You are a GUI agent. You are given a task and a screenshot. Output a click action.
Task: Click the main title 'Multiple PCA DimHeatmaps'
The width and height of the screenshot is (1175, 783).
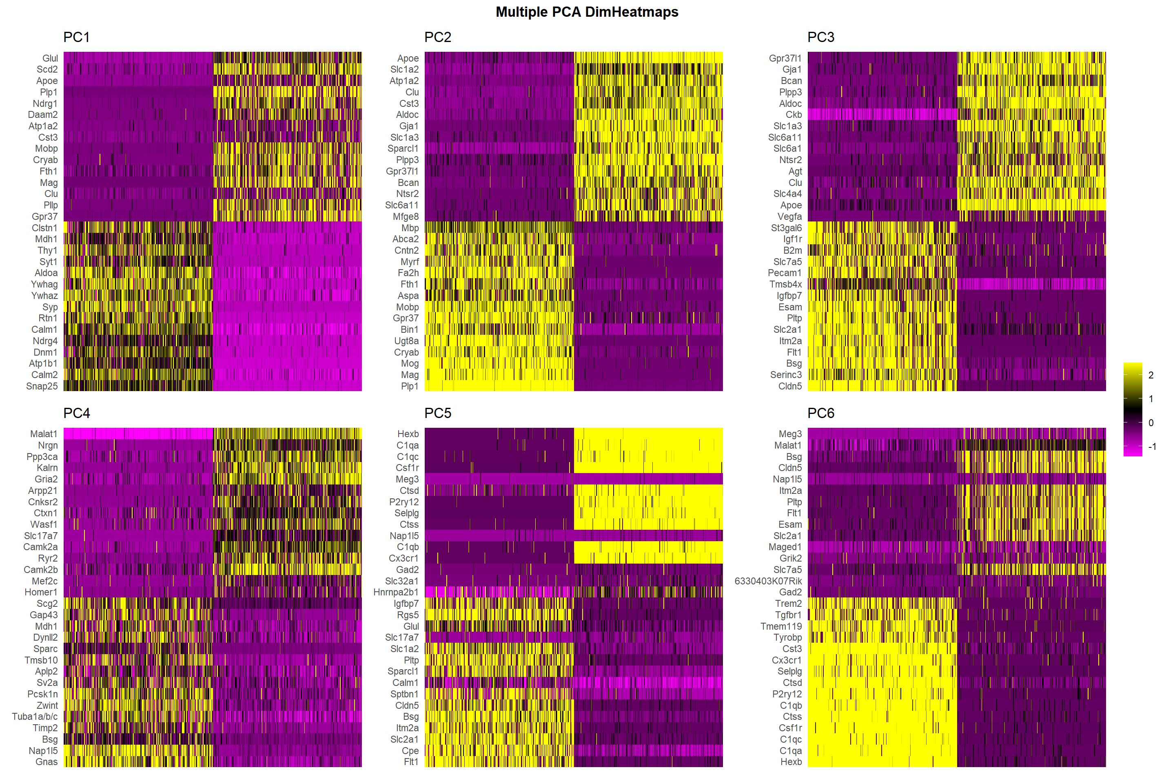pyautogui.click(x=587, y=12)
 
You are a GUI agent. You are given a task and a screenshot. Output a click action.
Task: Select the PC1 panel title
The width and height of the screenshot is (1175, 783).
pyautogui.click(x=76, y=38)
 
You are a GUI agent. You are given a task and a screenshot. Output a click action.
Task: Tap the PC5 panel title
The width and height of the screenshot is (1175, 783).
pyautogui.click(x=438, y=414)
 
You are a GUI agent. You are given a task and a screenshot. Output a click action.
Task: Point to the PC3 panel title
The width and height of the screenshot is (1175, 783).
pyautogui.click(x=821, y=38)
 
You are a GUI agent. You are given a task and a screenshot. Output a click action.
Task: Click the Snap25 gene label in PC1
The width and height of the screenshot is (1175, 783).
pyautogui.click(x=42, y=387)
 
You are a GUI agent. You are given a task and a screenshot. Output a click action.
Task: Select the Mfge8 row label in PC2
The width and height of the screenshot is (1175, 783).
pyautogui.click(x=406, y=217)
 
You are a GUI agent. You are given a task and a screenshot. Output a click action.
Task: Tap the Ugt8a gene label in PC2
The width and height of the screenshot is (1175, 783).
pyautogui.click(x=407, y=341)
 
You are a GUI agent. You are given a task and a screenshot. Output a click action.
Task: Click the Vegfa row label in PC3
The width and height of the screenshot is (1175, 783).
pyautogui.click(x=789, y=217)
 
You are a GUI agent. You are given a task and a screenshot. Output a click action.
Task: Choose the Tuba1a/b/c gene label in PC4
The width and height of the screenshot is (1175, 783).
pyautogui.click(x=35, y=717)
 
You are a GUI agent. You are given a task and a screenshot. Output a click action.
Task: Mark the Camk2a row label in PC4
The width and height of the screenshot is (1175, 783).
pyautogui.click(x=40, y=547)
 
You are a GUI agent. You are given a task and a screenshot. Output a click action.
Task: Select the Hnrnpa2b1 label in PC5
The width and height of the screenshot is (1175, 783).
pyautogui.click(x=396, y=593)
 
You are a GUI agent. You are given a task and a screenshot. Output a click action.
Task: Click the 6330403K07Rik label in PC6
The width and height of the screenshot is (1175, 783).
pyautogui.click(x=768, y=581)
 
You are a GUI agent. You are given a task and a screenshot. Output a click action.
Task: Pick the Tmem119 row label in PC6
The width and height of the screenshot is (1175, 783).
pyautogui.click(x=781, y=627)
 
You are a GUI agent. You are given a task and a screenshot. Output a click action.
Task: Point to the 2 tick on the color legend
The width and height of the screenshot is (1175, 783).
pyautogui.click(x=1151, y=376)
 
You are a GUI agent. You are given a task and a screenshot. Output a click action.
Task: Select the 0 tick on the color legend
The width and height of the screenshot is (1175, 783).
pyautogui.click(x=1151, y=423)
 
